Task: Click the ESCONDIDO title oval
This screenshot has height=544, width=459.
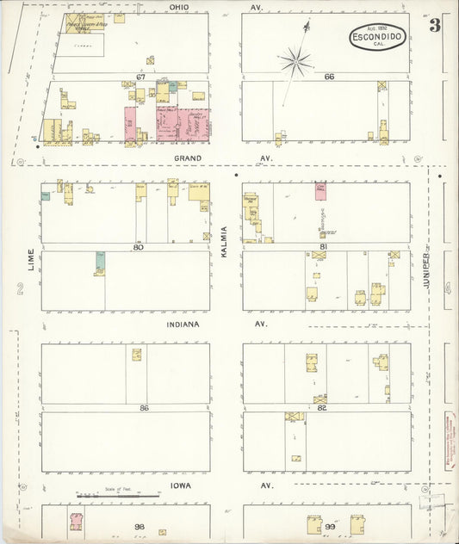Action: pyautogui.click(x=378, y=37)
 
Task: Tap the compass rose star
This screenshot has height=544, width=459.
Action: pyautogui.click(x=295, y=60)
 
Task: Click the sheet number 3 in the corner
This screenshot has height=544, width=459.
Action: pyautogui.click(x=435, y=25)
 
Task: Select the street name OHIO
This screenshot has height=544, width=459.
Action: pyautogui.click(x=179, y=7)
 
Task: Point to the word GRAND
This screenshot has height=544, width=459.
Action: pyautogui.click(x=187, y=158)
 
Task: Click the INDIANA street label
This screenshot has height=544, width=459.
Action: pyautogui.click(x=183, y=324)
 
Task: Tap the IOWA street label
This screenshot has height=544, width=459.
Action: pyautogui.click(x=182, y=485)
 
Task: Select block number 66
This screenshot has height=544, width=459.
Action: pyautogui.click(x=328, y=77)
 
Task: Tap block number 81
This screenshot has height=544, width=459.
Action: pyautogui.click(x=323, y=246)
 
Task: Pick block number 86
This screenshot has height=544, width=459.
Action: pyautogui.click(x=144, y=407)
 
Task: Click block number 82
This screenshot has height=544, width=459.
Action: pyautogui.click(x=322, y=407)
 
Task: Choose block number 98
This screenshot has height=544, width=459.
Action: pyautogui.click(x=138, y=525)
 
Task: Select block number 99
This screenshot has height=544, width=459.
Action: pyautogui.click(x=329, y=525)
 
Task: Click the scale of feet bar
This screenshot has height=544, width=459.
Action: pyautogui.click(x=119, y=496)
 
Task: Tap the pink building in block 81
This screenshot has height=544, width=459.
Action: pyautogui.click(x=320, y=190)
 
